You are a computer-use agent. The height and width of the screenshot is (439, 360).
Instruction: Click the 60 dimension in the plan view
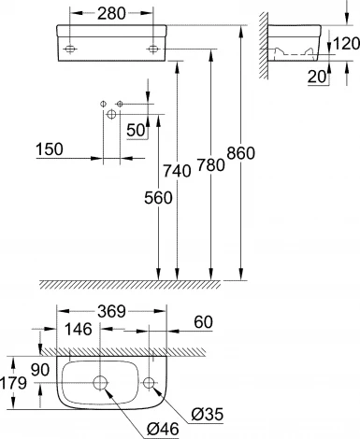(x=201, y=322)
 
